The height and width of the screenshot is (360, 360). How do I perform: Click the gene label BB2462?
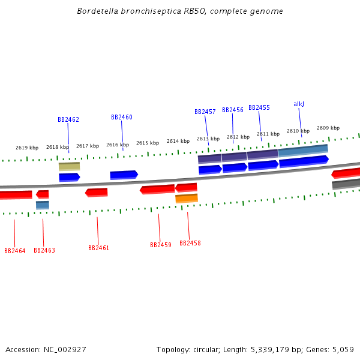68,119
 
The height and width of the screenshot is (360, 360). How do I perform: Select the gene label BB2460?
122,117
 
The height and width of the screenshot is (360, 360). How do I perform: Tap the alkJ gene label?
299,104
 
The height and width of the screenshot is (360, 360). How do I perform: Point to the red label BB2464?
15,251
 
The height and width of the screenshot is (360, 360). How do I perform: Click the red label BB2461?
99,248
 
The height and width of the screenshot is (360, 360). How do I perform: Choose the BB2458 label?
190,243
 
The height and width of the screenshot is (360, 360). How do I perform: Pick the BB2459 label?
161,245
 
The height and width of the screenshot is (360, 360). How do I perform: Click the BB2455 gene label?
259,107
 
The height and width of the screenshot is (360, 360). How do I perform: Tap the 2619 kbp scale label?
27,148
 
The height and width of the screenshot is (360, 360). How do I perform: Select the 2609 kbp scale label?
328,128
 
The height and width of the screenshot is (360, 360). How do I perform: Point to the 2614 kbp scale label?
178,141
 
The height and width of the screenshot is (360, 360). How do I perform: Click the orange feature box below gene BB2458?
187,198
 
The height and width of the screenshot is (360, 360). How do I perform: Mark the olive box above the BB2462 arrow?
69,166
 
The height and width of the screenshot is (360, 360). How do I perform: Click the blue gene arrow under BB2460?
124,175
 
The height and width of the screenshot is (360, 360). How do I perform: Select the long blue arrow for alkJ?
304,161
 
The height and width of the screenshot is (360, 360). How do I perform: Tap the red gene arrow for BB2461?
97,193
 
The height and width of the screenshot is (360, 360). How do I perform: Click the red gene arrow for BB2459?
157,190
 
